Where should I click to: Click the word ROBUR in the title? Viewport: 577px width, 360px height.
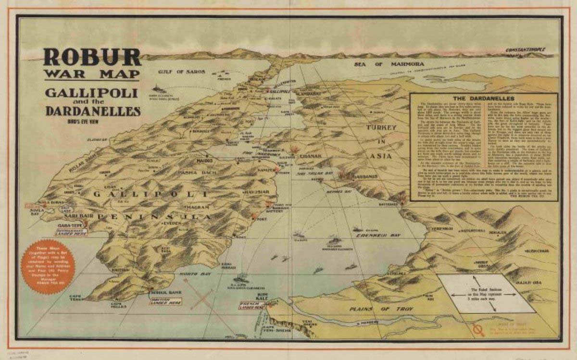(x=92, y=57)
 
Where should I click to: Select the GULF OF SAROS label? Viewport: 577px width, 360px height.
(x=182, y=72)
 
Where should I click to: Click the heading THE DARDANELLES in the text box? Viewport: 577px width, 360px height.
(x=483, y=98)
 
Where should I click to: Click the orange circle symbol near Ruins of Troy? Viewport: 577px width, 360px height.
(x=478, y=330)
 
